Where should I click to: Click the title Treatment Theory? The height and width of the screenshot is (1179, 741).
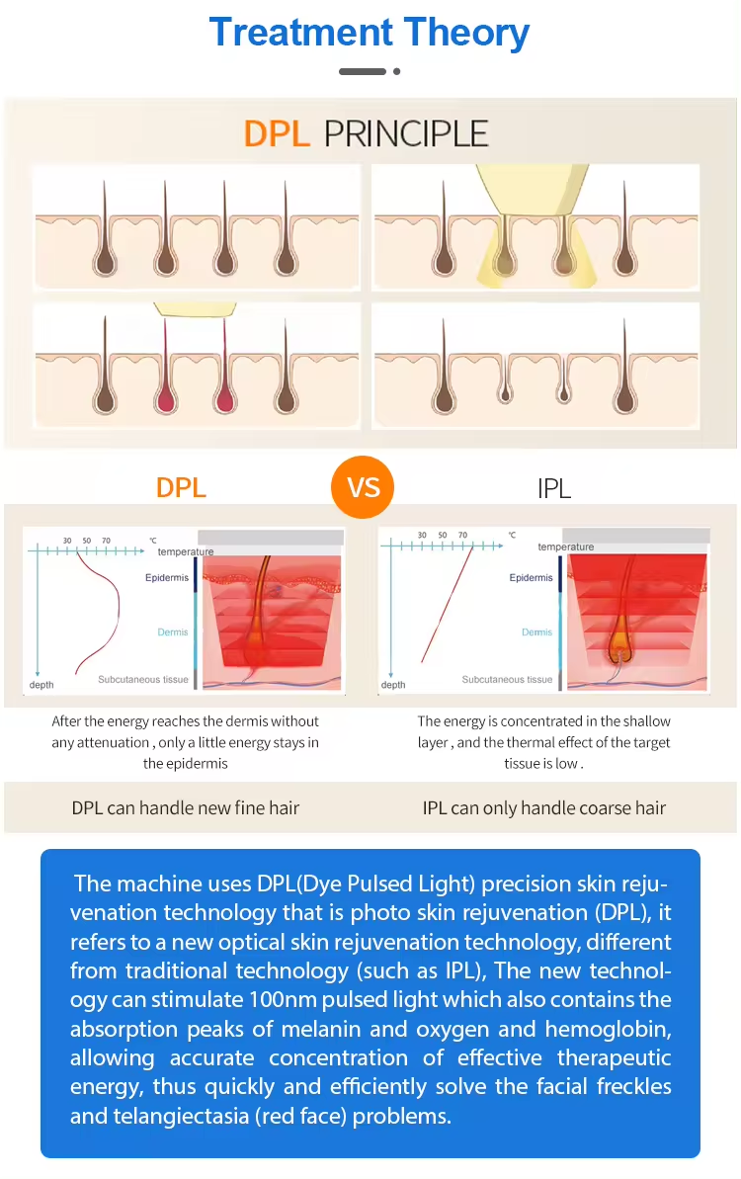click(369, 33)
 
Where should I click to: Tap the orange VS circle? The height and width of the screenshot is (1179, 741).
click(363, 487)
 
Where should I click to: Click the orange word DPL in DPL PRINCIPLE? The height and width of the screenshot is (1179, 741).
click(277, 133)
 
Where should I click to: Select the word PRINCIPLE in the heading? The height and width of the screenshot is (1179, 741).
click(406, 133)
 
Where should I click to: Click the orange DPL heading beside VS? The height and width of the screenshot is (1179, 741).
click(181, 488)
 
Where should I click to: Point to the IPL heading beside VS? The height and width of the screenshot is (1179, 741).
click(554, 489)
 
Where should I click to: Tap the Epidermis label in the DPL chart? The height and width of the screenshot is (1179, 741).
click(167, 577)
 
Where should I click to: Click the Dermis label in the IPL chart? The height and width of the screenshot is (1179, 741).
click(536, 632)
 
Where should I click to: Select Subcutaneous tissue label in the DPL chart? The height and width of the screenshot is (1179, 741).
click(143, 680)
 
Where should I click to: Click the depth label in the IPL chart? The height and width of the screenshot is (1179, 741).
click(393, 685)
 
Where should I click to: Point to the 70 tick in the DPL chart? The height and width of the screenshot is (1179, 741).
click(106, 541)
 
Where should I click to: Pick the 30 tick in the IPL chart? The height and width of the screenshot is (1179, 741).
click(422, 536)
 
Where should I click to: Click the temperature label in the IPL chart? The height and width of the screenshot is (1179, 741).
click(566, 547)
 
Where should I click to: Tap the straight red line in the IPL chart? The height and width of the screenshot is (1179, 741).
click(448, 605)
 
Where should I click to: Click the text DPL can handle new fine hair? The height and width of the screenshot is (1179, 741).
click(186, 808)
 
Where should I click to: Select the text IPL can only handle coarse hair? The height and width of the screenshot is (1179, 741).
click(544, 808)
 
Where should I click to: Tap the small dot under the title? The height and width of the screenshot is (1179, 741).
click(397, 71)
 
